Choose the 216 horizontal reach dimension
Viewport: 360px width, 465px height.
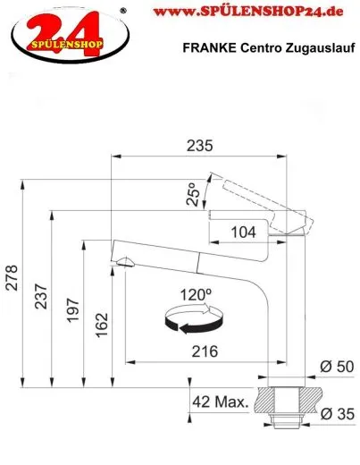pos(205,351)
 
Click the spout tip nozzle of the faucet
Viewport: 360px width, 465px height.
pos(122,261)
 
